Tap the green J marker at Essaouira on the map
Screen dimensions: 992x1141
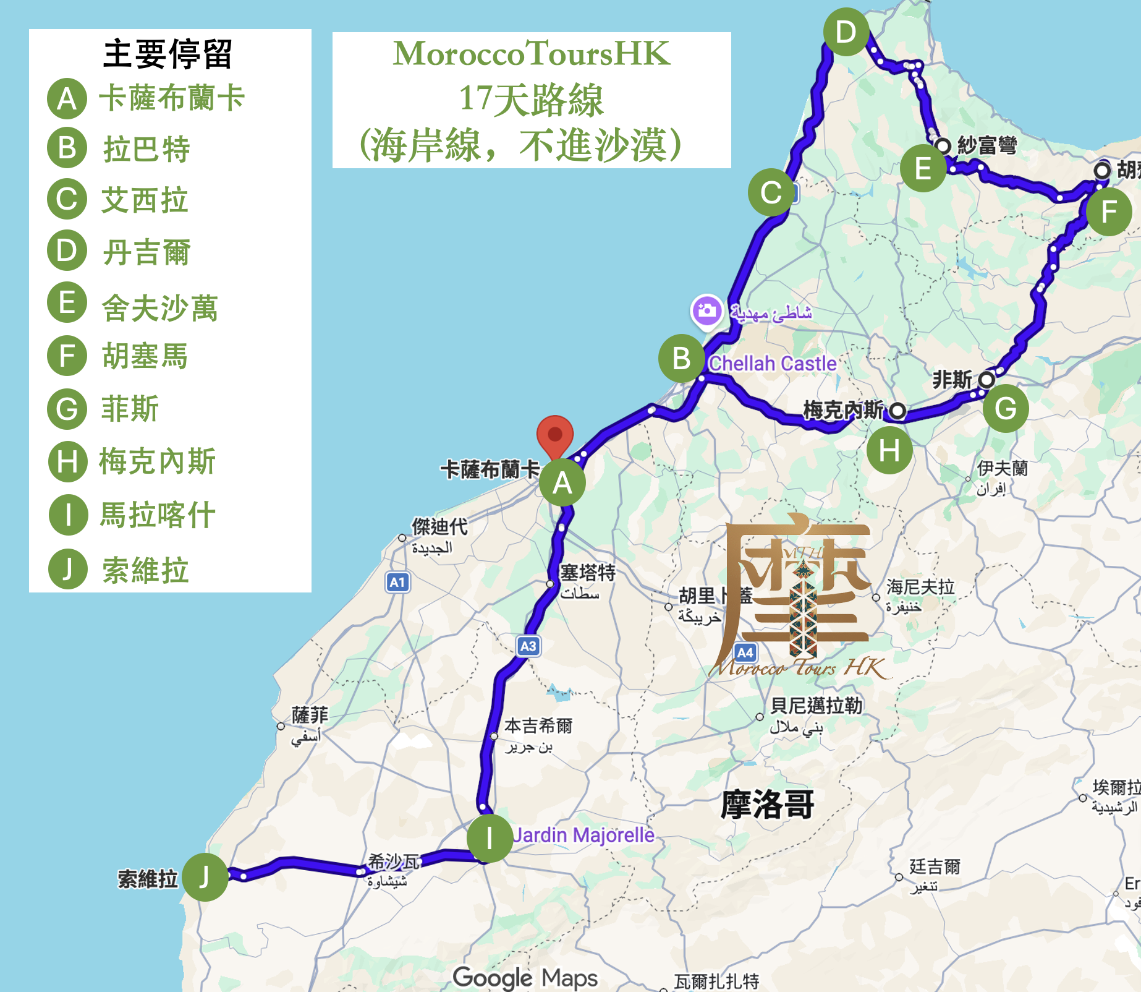click(x=205, y=877)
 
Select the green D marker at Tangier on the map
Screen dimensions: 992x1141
click(x=846, y=32)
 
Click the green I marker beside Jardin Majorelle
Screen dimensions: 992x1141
click(x=490, y=839)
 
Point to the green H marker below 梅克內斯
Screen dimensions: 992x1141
click(x=889, y=451)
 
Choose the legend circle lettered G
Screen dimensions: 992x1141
click(x=67, y=409)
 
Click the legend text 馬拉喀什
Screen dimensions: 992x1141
click(x=158, y=515)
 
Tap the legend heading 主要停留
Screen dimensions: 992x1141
click(x=168, y=54)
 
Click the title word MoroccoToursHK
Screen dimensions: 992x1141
click(x=532, y=54)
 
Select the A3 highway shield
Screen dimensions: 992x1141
click(x=528, y=646)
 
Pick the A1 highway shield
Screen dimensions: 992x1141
click(x=397, y=582)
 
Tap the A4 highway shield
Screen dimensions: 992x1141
click(x=745, y=652)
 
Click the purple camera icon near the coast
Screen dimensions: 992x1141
click(x=706, y=310)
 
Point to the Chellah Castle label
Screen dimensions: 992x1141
click(x=773, y=364)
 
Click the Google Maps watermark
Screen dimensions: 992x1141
click(x=525, y=978)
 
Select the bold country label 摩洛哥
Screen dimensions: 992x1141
click(x=767, y=805)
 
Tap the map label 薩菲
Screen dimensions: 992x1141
click(x=310, y=716)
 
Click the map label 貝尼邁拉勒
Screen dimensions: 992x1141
click(x=816, y=706)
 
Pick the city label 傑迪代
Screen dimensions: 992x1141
click(x=439, y=527)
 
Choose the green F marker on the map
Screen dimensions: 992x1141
click(x=1109, y=212)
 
